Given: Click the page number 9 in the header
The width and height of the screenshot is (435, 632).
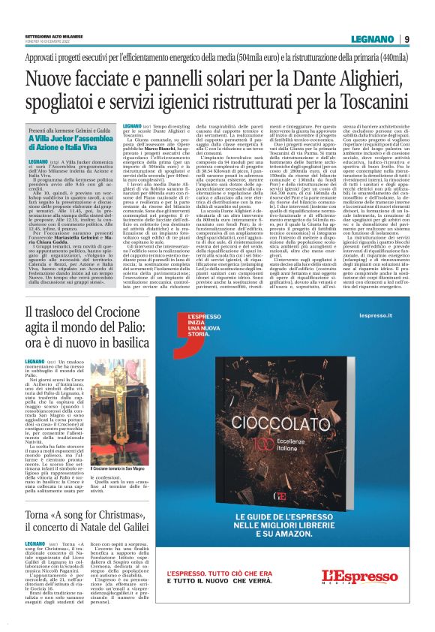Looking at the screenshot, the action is (406, 39).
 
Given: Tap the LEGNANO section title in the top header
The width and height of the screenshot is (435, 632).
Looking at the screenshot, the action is (373, 39).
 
